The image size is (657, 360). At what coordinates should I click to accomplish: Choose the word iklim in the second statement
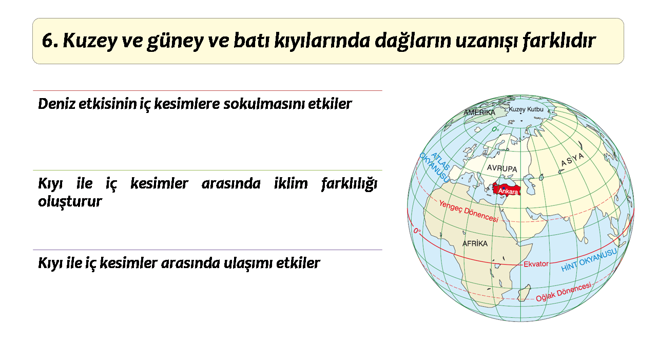[x=291, y=184]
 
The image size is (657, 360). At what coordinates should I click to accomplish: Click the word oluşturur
[x=70, y=201]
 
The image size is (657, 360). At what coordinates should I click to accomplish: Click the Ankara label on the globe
[x=508, y=192]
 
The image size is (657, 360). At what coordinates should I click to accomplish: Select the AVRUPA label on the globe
[x=502, y=168]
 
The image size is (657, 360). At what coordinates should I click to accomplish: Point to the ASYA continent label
[x=572, y=160]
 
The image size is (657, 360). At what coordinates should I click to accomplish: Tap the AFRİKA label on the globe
[x=475, y=243]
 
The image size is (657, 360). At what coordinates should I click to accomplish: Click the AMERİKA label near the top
[x=479, y=112]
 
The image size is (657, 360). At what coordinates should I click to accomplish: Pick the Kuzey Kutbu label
[x=526, y=109]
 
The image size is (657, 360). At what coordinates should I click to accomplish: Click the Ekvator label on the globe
[x=536, y=264]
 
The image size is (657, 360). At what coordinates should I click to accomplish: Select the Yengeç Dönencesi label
[x=469, y=211]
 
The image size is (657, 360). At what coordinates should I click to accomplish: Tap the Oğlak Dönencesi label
[x=564, y=292]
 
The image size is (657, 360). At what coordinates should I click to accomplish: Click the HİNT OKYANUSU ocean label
[x=589, y=260]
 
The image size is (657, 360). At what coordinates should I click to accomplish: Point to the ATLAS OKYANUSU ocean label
[x=435, y=167]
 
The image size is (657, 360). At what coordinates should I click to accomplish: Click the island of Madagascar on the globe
[x=525, y=293]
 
